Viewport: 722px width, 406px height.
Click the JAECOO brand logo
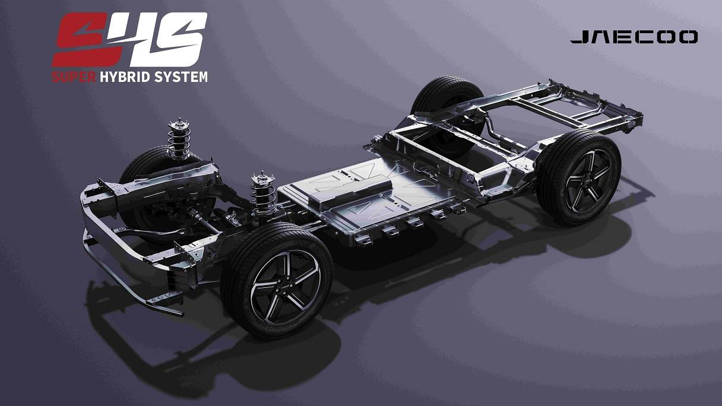pos(634,37)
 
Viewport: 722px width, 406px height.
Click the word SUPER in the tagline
pos(74,77)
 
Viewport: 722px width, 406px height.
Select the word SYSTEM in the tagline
pos(181,77)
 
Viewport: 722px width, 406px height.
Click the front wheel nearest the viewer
pos(277,280)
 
